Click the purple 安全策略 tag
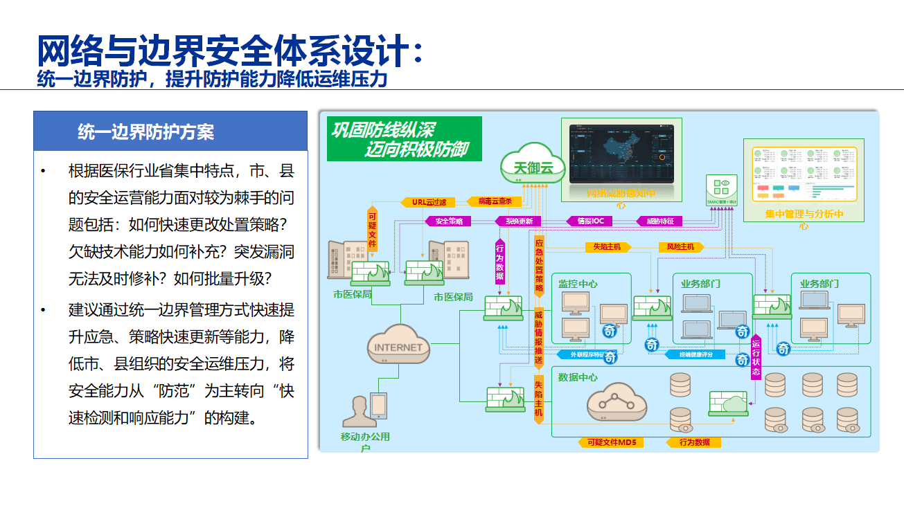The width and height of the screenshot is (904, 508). (448, 221)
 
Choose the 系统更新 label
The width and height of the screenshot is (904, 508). (518, 221)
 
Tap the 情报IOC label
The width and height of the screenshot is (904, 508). (590, 221)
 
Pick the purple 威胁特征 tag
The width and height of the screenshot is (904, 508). (659, 221)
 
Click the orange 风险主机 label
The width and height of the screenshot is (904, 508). (680, 246)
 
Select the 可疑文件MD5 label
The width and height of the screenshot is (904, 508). (611, 442)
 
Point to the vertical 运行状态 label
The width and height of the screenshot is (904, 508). (756, 357)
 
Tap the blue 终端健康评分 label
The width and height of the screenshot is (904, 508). (695, 354)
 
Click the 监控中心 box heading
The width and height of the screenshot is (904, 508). (578, 284)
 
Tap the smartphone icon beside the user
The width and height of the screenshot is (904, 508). (378, 405)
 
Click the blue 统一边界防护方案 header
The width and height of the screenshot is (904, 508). (170, 131)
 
